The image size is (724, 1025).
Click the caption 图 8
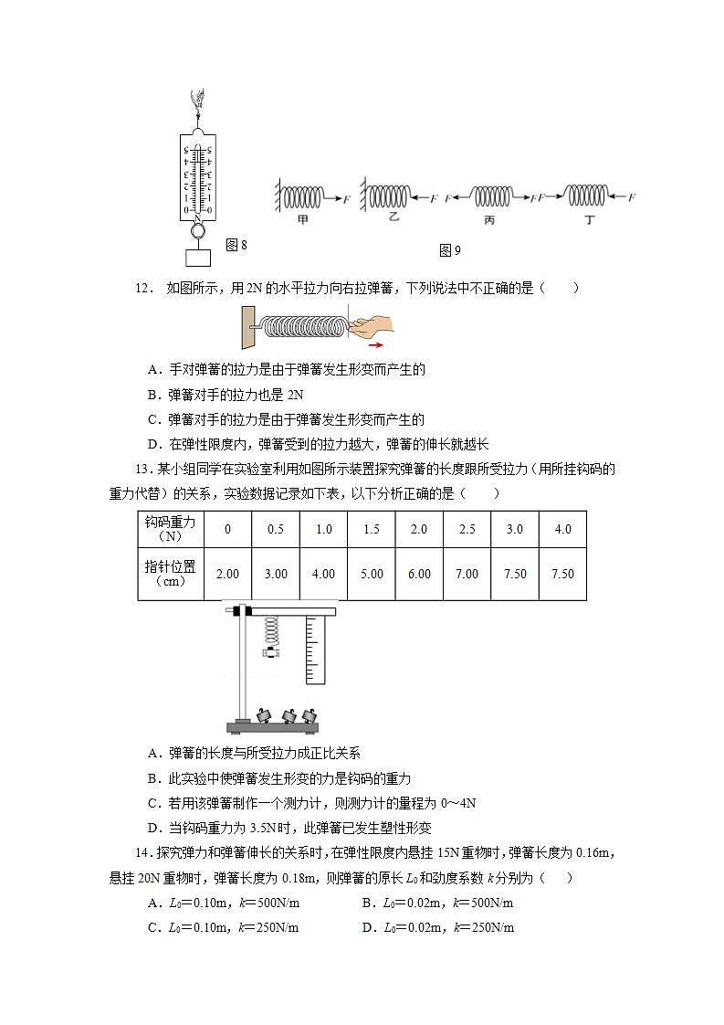pos(236,245)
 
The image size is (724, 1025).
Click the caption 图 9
pos(450,250)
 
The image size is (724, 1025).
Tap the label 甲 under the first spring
pos(302,220)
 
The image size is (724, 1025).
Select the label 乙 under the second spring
pos(394,219)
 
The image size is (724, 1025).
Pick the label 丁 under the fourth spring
pos(590,220)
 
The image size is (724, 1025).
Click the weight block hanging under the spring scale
pos(196,258)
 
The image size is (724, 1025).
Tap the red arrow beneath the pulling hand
pos(375,346)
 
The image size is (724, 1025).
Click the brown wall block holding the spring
pos(247,327)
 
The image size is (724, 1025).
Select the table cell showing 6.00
pos(419,574)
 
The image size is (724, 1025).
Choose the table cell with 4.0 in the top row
pos(562,530)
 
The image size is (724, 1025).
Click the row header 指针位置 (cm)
pos(171,574)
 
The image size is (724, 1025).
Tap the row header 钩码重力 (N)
pos(171,529)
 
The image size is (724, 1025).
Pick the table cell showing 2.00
pos(227,574)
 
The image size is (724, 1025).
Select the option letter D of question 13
pos(152,829)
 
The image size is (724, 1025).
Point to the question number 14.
pos(142,853)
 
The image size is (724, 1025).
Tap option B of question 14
pos(437,903)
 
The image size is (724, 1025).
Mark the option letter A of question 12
pos(152,370)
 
